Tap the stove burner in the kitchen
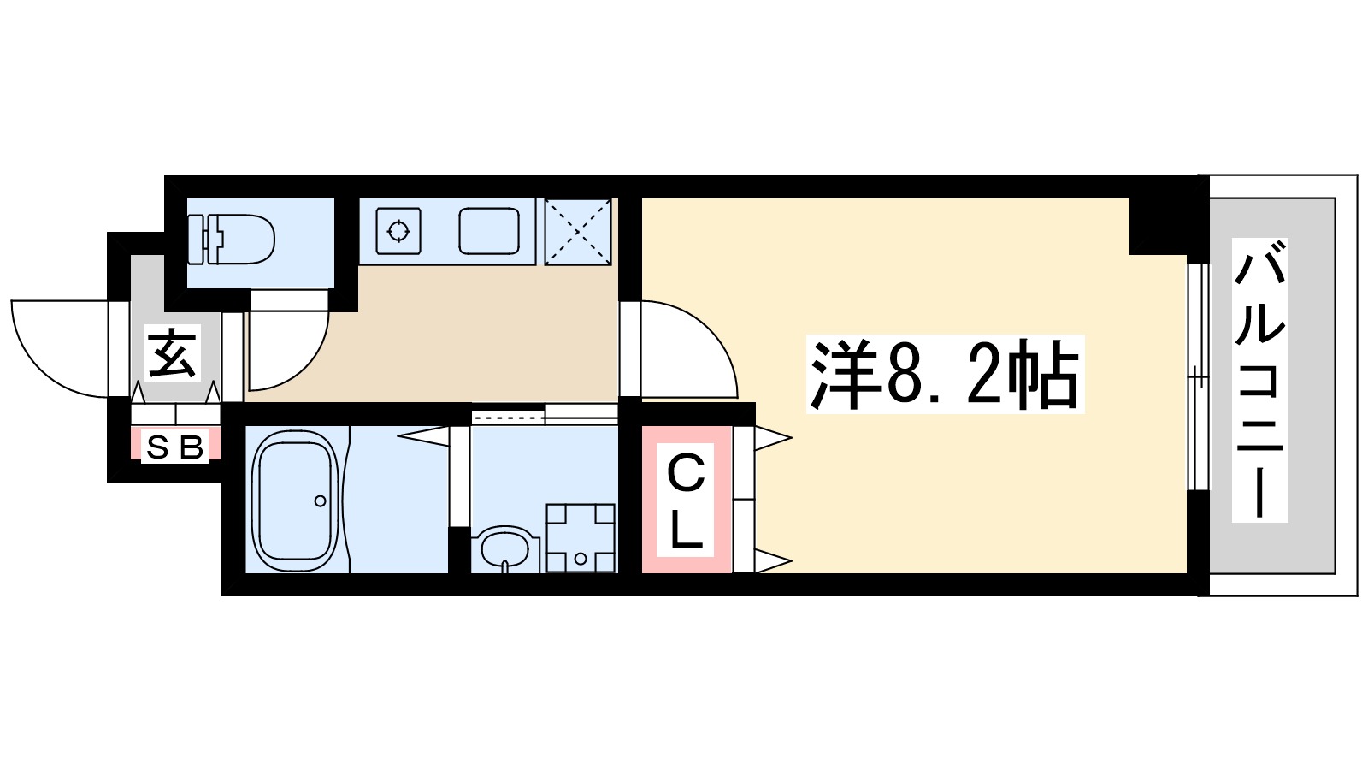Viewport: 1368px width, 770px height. [398, 230]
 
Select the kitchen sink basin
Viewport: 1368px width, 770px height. [489, 231]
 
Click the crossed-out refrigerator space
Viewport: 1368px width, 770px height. [578, 231]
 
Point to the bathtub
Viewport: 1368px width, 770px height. [296, 500]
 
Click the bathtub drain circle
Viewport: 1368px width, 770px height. [320, 501]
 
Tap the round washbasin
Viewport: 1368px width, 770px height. [505, 548]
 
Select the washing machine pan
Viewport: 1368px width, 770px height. [581, 537]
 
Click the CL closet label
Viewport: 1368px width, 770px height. [686, 500]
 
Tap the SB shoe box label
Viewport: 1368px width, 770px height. [175, 447]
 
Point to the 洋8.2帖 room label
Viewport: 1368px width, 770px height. [945, 375]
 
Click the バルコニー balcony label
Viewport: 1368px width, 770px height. [1259, 381]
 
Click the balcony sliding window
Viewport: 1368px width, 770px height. [1199, 376]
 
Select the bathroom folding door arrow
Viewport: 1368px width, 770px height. [423, 436]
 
